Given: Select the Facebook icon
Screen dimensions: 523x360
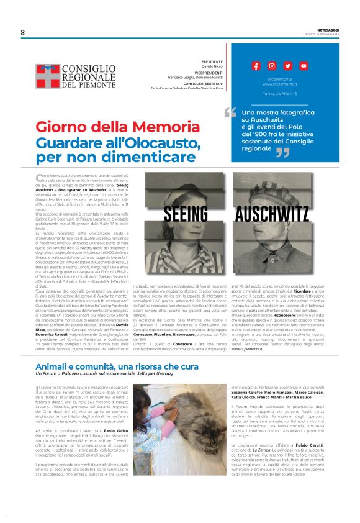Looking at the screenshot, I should pyautogui.click(x=256, y=66).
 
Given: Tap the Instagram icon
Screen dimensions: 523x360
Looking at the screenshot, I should pyautogui.click(x=272, y=66).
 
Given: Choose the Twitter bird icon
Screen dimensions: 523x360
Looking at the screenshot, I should pyautogui.click(x=287, y=66).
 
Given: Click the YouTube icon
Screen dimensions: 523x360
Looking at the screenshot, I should pyautogui.click(x=304, y=66).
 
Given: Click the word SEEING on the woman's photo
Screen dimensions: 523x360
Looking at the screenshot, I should pyautogui.click(x=186, y=214).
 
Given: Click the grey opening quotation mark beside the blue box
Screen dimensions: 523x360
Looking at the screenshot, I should pyautogui.click(x=230, y=112).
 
